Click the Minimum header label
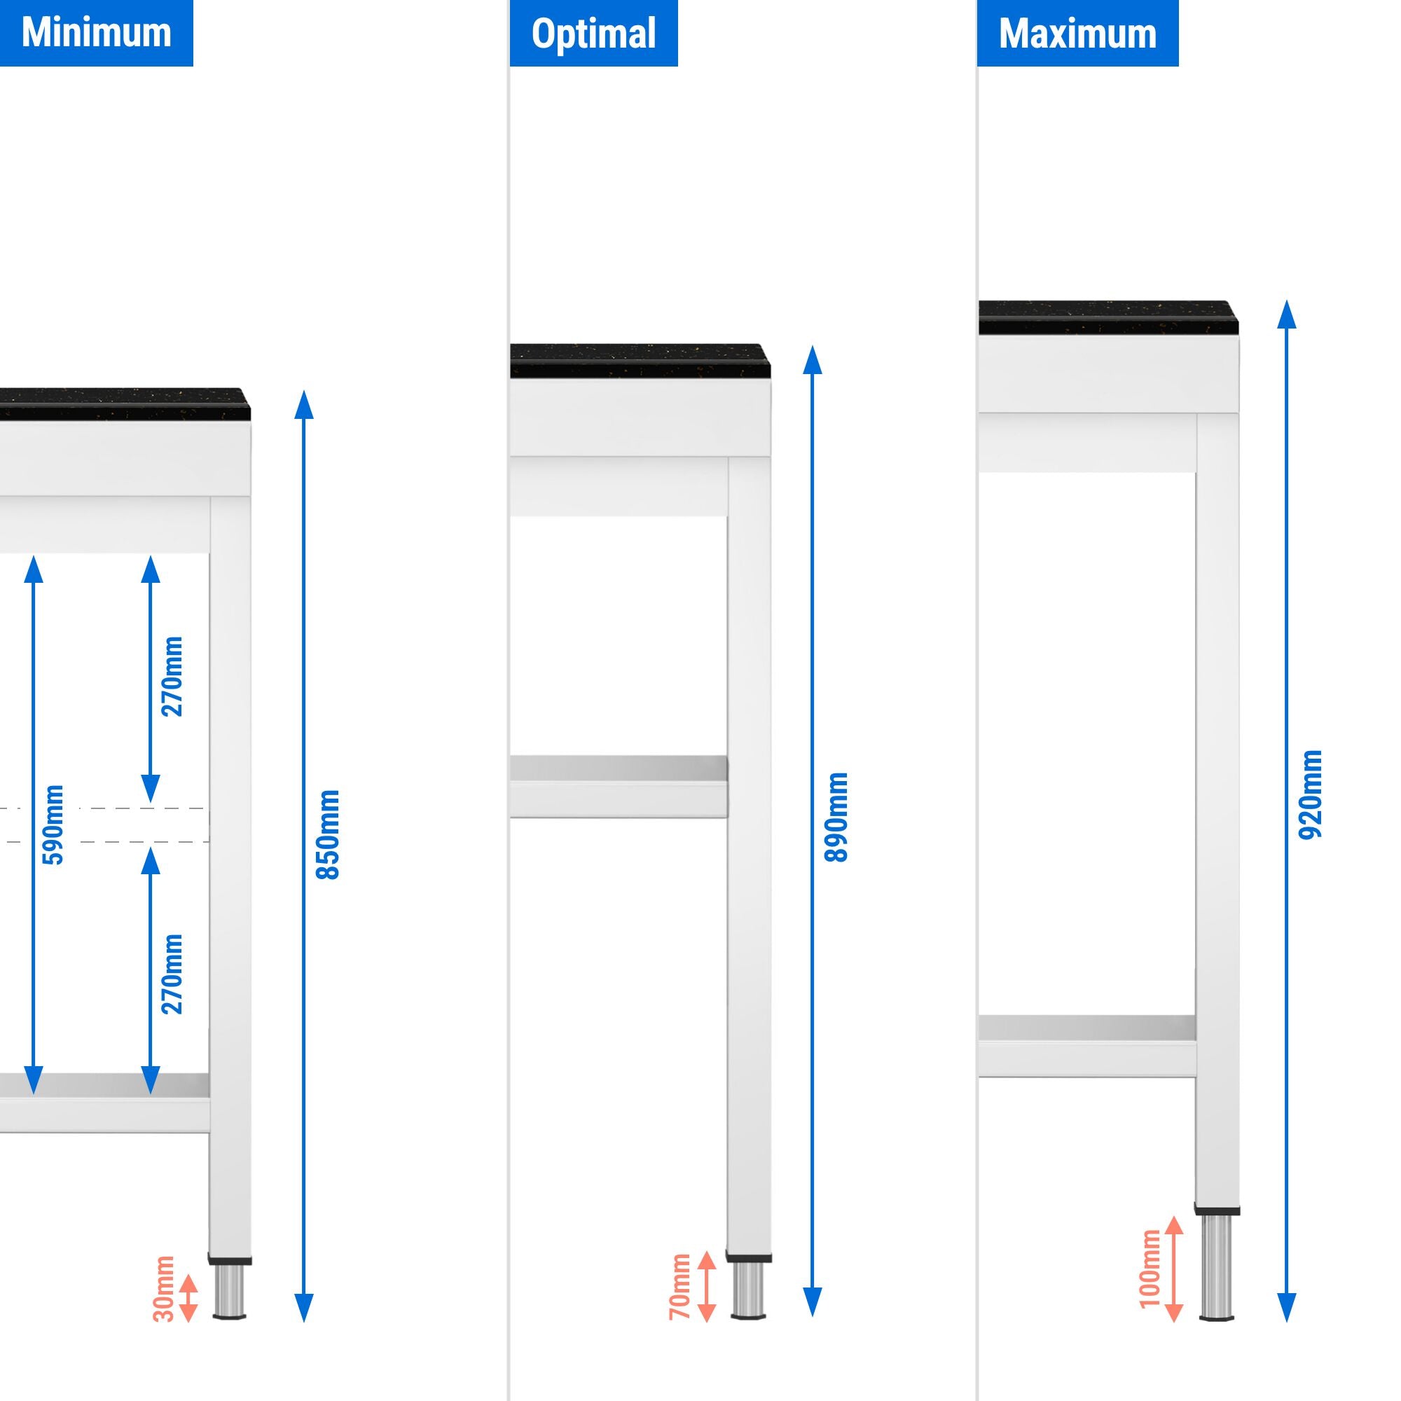pyautogui.click(x=96, y=33)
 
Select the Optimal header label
pyautogui.click(x=593, y=34)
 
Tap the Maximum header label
pyautogui.click(x=1077, y=34)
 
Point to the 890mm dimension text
pyautogui.click(x=837, y=817)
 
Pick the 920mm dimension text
pyautogui.click(x=1311, y=795)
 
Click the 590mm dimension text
pyautogui.click(x=55, y=824)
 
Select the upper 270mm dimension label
pyautogui.click(x=172, y=677)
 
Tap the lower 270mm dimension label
pyautogui.click(x=172, y=974)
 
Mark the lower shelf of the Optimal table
pyautogui.click(x=618, y=787)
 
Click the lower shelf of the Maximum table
pyautogui.click(x=1086, y=1046)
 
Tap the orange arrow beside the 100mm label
pyautogui.click(x=1174, y=1269)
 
